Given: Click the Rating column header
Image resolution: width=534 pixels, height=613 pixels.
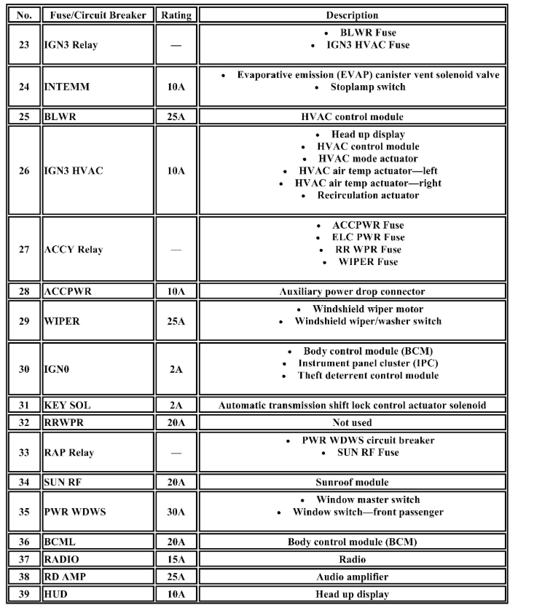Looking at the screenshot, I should [176, 15].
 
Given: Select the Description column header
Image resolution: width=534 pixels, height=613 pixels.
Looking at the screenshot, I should [352, 15].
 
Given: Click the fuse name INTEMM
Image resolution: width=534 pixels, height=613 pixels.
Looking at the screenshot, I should [63, 87].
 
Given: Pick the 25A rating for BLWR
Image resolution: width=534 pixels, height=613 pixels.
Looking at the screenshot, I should [176, 116].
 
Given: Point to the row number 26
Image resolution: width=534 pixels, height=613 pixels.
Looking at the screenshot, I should [24, 171].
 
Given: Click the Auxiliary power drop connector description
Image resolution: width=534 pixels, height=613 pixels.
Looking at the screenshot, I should [352, 292].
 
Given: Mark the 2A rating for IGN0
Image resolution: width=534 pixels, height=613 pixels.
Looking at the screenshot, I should [176, 369].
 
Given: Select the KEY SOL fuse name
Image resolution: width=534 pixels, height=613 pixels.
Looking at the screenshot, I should [68, 406].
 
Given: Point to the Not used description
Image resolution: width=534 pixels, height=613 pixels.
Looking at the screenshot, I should [352, 422].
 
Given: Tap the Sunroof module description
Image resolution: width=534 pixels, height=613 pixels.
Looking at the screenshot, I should [352, 482].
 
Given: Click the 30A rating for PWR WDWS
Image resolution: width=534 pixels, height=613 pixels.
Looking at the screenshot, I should [176, 512].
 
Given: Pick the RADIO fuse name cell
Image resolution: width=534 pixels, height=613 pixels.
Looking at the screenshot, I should [62, 559].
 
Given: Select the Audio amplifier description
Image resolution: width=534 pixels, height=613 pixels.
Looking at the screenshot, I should [352, 577].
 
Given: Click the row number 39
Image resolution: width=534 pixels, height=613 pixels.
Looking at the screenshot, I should [24, 594].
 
